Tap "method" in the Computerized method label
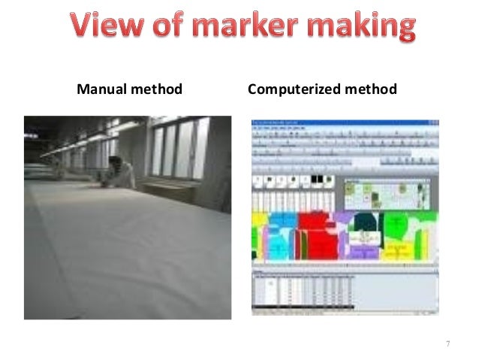click(369, 90)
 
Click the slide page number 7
click(447, 344)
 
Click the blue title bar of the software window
click(345, 122)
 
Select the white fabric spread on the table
click(128, 248)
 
